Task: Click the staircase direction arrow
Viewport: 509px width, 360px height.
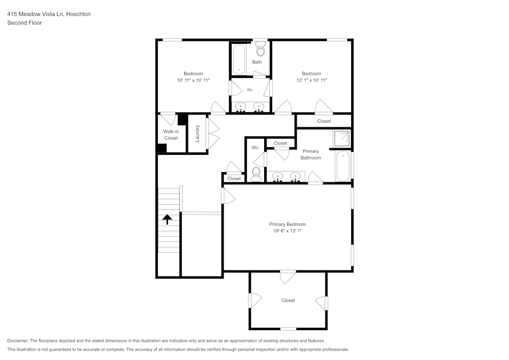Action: coord(166,219)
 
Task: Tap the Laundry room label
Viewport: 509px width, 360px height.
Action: coord(197,133)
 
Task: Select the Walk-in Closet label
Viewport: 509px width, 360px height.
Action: coord(171,134)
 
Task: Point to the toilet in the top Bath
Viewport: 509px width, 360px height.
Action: coord(261,50)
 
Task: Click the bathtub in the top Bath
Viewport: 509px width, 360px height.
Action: coord(239,60)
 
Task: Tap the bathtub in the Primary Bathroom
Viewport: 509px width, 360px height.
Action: coord(343,165)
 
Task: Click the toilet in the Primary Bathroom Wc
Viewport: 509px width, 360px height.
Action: coord(256,174)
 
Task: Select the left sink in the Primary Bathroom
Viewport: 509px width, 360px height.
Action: coord(277,177)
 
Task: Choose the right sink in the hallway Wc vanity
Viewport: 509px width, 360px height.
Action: coord(259,107)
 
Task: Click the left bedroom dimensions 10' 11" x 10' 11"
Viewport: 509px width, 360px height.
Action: coord(193,80)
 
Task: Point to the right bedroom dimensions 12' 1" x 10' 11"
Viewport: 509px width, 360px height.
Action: coord(311,80)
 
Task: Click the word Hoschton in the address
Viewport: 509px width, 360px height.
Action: coord(78,14)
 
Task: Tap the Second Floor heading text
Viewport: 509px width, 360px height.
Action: coord(24,23)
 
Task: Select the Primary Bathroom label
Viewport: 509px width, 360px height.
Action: coord(310,154)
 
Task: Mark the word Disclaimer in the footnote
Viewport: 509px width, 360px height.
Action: coord(18,341)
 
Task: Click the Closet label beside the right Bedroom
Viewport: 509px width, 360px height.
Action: coord(324,121)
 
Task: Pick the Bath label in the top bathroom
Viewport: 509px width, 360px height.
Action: coord(257,62)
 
